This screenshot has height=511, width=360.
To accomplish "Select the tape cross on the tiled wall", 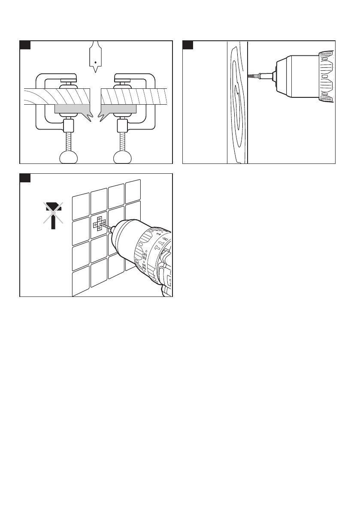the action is [100, 224].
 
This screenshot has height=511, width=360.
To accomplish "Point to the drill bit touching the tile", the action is [106, 227].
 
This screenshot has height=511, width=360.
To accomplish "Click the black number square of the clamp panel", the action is [25, 45].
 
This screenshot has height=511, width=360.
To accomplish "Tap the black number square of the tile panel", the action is [25, 178].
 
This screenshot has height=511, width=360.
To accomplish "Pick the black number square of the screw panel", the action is [188, 45].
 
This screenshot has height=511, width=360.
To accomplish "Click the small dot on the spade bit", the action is [95, 63].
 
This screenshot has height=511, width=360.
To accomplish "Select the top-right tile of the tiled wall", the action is [133, 189].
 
